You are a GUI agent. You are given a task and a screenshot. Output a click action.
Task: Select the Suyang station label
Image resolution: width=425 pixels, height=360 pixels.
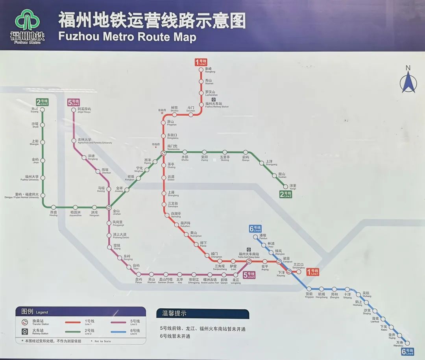[35, 110]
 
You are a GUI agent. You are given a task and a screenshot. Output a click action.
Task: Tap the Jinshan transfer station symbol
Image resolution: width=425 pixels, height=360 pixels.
[109, 207]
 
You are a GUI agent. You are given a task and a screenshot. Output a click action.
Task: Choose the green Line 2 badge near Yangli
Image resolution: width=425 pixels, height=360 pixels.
[285, 194]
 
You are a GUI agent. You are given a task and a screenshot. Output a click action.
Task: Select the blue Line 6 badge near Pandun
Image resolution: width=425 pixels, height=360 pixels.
[255, 229]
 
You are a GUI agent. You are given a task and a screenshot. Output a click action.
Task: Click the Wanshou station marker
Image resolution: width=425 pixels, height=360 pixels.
[407, 343]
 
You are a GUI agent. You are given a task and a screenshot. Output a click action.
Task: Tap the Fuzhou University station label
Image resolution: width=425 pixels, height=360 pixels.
[32, 178]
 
